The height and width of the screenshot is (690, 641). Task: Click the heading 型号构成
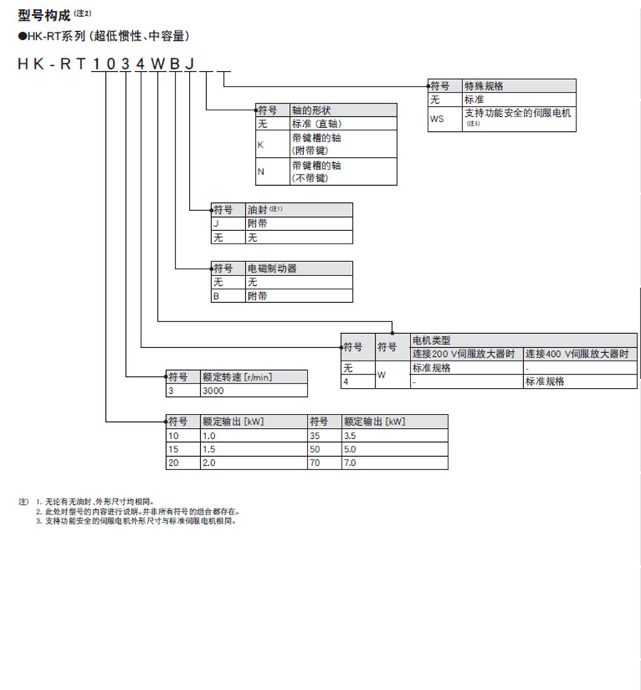(x=44, y=14)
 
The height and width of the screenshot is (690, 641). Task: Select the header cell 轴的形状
(x=311, y=110)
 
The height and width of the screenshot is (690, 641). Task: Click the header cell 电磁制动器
(x=272, y=269)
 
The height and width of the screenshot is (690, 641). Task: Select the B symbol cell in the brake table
(x=217, y=296)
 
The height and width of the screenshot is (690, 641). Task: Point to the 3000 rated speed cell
(x=213, y=389)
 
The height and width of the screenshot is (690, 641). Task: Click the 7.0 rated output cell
(x=350, y=463)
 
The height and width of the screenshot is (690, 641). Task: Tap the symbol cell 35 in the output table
(x=316, y=436)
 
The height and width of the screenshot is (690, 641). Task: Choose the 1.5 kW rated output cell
(x=209, y=449)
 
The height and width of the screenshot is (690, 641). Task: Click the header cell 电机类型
(x=431, y=341)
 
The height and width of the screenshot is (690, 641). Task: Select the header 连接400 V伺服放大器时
(x=579, y=355)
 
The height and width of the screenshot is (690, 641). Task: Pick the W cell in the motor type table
(x=382, y=375)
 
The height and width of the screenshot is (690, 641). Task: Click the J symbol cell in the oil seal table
(x=217, y=224)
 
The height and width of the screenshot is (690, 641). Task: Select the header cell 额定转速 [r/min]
(x=237, y=377)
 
